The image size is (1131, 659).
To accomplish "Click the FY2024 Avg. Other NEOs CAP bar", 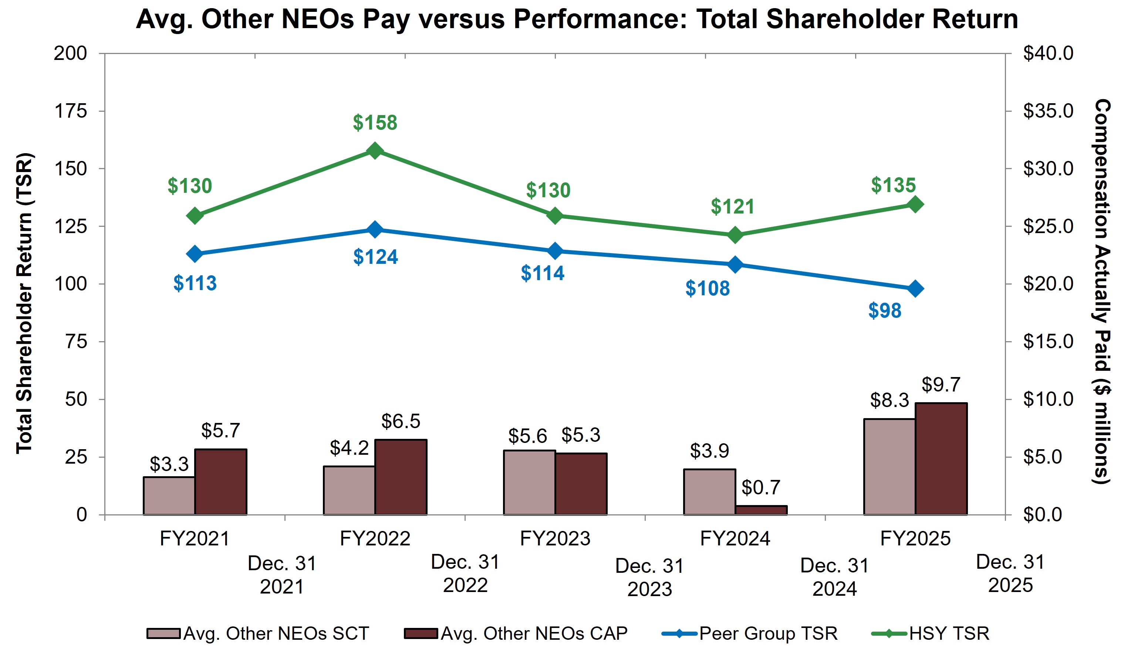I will coord(761,510).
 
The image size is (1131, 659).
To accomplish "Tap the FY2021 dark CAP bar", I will coord(220,482).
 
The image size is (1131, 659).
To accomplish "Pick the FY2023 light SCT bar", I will coord(529,482).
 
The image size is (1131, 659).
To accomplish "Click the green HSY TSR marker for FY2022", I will coord(375,151).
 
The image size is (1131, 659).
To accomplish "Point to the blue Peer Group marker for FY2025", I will coord(915,289).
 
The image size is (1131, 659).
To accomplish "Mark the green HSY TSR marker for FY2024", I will coord(735,235).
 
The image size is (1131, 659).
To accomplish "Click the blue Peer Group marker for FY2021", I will coord(195,253).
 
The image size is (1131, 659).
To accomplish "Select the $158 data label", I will coord(375,122).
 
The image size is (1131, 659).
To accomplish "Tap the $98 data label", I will coord(884,311).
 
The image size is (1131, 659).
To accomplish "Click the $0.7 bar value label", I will coord(760,488).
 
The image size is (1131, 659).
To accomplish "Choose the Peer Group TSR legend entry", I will coord(750,633).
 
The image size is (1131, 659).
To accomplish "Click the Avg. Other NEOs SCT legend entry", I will coord(258,633).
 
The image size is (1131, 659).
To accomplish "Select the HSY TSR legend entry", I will coord(931,633).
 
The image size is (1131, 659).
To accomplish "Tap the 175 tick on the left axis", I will coord(71,111).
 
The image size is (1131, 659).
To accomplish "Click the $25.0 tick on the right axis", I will coord(1048,226).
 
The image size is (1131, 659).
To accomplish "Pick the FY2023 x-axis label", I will coord(555,538).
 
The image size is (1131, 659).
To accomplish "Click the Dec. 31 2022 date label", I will coord(465,574).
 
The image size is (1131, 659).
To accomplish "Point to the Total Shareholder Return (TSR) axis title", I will coord(25,303).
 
